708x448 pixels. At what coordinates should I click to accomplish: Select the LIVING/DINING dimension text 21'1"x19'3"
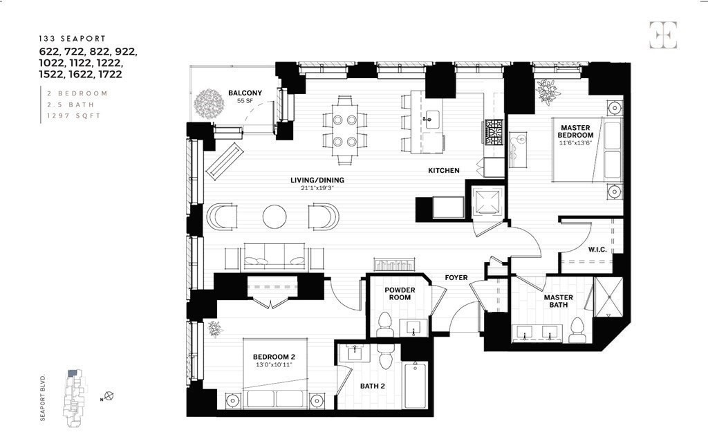[317, 188]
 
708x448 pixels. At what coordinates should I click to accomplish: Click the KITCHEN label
[443, 171]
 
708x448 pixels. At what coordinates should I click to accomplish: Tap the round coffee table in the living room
[274, 216]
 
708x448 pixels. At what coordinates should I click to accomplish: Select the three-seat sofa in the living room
[274, 257]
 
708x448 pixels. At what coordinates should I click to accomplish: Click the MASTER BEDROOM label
[576, 131]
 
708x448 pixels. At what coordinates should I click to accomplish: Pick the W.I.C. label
[597, 249]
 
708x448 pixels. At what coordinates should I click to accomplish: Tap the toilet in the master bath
[577, 331]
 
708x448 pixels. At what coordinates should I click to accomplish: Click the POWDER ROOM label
[399, 293]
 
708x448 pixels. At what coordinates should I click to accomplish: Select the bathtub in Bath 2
[416, 386]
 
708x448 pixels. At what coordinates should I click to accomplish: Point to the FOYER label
[456, 278]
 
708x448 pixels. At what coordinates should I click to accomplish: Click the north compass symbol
[109, 397]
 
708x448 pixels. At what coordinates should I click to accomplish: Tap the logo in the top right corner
[662, 35]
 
